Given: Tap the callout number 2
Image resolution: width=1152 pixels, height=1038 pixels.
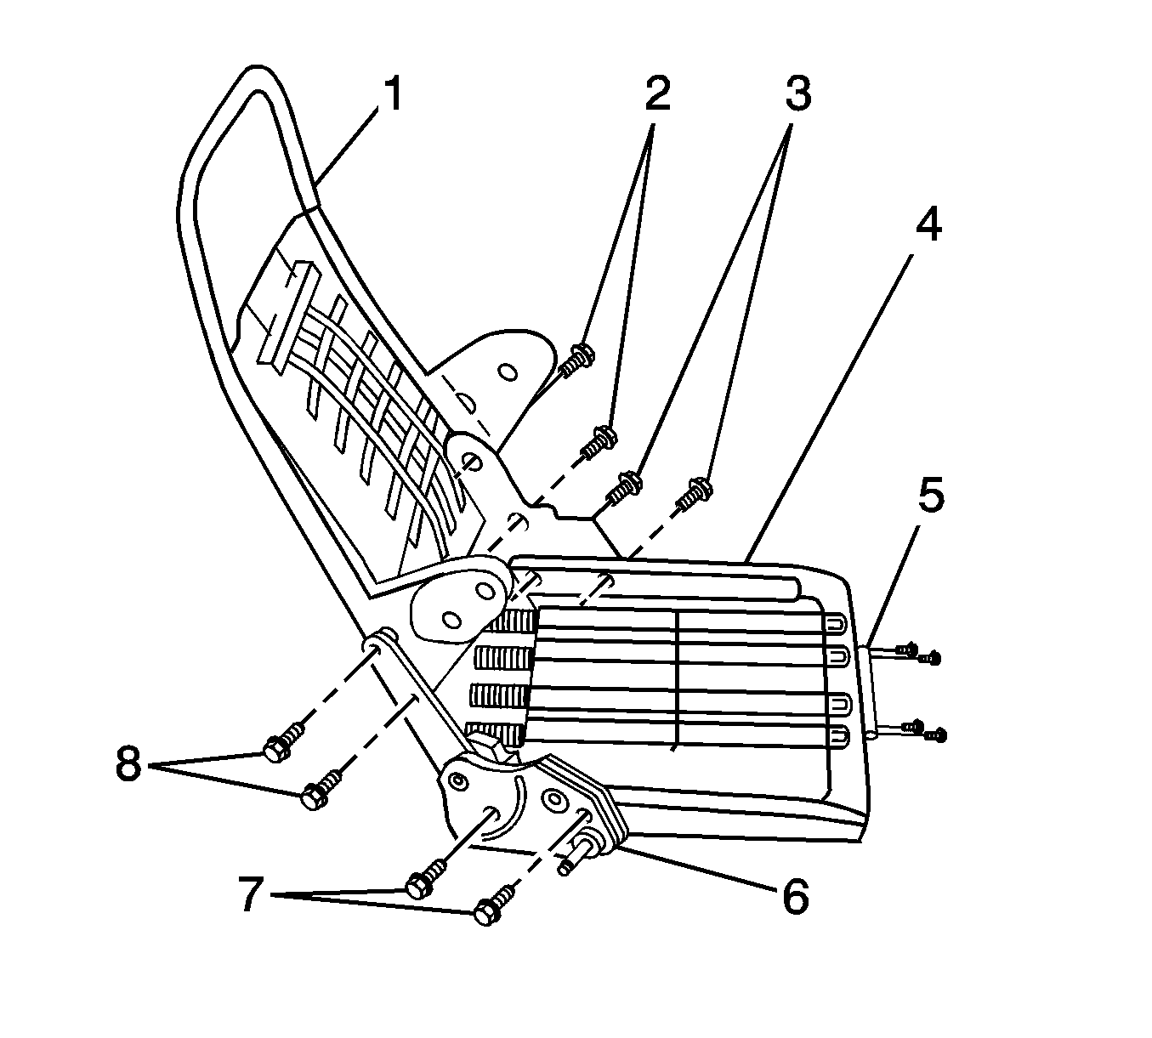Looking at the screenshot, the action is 657,93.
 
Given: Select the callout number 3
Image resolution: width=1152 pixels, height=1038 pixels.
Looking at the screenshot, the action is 798,93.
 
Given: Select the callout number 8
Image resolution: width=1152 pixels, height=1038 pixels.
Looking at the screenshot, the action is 128,765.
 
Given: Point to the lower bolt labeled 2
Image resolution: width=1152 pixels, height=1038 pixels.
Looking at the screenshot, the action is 599,442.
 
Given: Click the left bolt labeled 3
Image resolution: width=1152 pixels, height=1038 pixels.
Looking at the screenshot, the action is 624,488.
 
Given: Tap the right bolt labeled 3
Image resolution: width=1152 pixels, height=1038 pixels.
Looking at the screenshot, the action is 694,493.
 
